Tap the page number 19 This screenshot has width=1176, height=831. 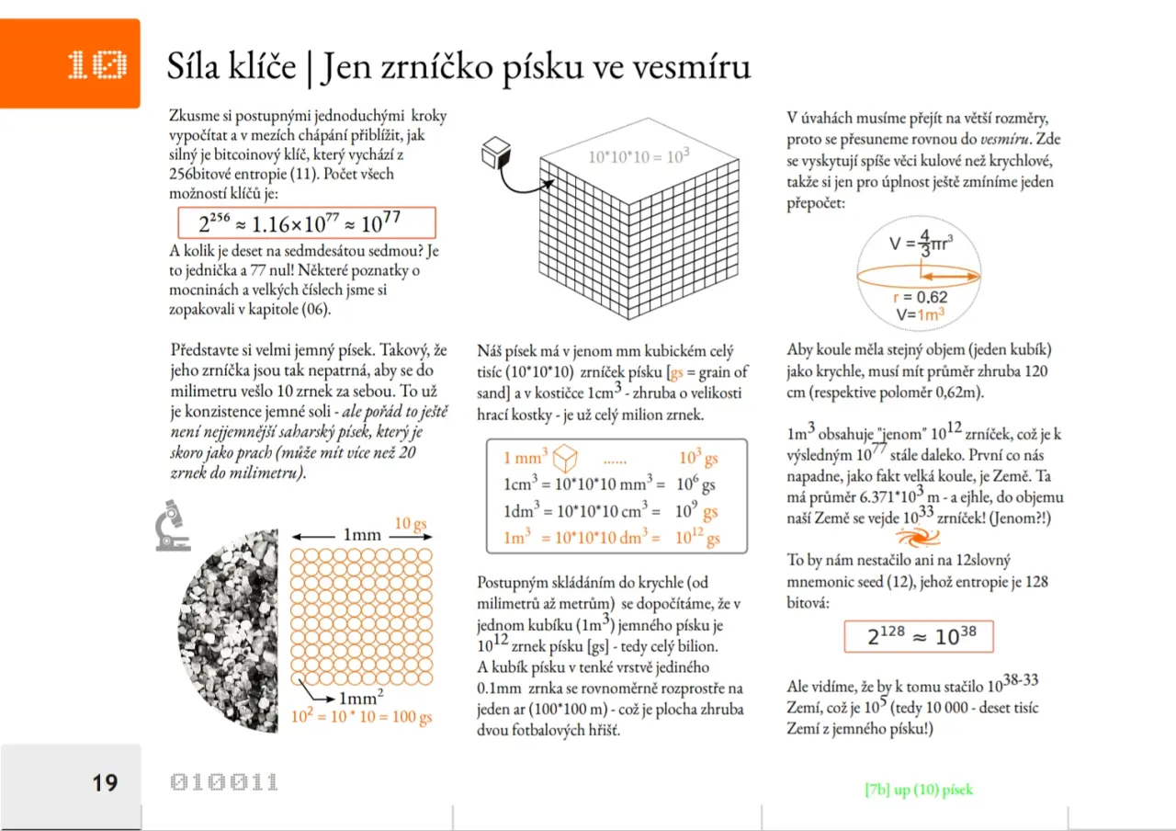point(105,782)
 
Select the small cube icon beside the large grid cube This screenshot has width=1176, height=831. point(496,153)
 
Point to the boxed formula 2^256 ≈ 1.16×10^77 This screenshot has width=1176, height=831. point(306,223)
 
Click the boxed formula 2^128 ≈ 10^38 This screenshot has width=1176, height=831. point(918,636)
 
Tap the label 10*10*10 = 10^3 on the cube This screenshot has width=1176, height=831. point(639,156)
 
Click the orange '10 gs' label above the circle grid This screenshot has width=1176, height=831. point(411,524)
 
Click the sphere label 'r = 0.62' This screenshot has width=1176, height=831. point(920,297)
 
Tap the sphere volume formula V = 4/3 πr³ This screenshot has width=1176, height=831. point(920,245)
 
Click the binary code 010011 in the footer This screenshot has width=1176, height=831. point(224,782)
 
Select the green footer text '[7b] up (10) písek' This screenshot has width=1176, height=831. point(918,790)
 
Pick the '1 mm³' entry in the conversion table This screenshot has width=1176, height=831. point(526,458)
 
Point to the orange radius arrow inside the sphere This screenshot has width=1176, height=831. point(950,275)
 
